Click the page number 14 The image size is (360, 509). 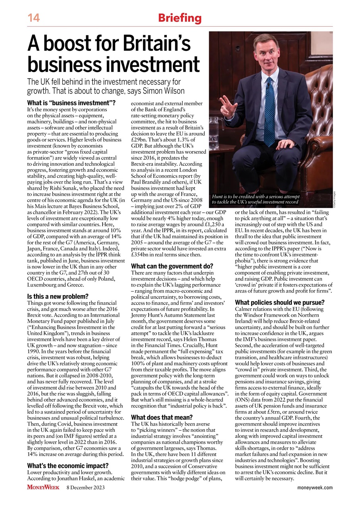tap(33, 18)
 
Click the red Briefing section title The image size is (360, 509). tap(180, 18)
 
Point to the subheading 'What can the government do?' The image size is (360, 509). tap(172, 266)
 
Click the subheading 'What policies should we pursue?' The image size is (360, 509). tap(280, 302)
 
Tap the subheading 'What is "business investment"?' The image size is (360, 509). tap(71, 103)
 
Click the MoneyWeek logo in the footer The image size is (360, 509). tap(43, 487)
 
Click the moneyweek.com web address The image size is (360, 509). tap(315, 488)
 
